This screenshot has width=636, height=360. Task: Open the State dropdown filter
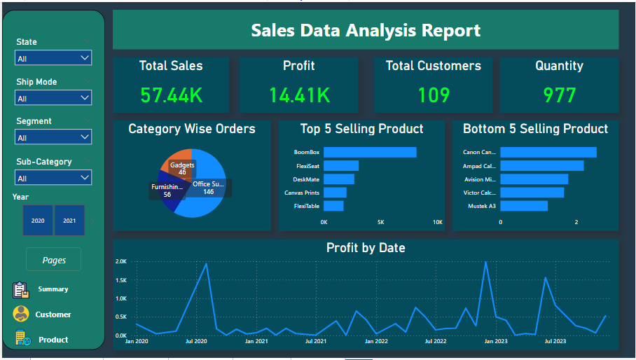click(x=53, y=58)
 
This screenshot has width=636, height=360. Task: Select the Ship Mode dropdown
click(x=53, y=98)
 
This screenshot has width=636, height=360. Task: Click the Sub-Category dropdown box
click(x=53, y=177)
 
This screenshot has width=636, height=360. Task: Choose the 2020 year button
click(x=38, y=221)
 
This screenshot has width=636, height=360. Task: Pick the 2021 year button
click(x=69, y=221)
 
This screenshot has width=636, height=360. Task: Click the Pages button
click(x=54, y=260)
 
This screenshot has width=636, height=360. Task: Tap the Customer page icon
click(x=22, y=314)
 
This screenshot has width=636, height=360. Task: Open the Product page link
click(x=53, y=340)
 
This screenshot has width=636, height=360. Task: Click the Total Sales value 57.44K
click(x=171, y=95)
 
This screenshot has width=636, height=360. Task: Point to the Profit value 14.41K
click(x=299, y=95)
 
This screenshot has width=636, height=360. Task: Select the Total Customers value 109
click(x=434, y=95)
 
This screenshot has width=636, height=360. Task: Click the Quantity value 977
click(x=559, y=95)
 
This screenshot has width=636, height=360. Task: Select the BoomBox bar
click(x=370, y=152)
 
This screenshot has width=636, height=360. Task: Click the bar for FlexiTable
click(x=333, y=206)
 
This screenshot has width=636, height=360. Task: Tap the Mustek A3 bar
click(x=524, y=206)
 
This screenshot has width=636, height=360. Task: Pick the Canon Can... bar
click(x=548, y=152)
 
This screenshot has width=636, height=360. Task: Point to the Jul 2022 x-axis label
click(x=436, y=342)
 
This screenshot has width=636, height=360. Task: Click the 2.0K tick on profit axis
click(x=120, y=261)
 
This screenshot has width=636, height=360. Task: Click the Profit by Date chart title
click(x=366, y=248)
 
